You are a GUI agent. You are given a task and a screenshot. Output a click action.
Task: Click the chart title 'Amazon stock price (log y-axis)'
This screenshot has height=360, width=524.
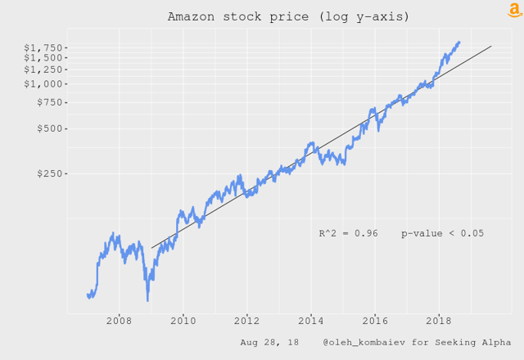pos(288,16)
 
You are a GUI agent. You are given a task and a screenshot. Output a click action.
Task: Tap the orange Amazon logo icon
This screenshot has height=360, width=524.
pos(513,10)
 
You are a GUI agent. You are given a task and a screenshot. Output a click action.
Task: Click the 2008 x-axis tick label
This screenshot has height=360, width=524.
pos(119,321)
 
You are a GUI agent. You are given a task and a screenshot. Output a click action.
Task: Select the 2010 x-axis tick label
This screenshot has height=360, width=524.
pos(183,321)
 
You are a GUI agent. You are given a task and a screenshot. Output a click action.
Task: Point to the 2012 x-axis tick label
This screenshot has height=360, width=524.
pos(246,321)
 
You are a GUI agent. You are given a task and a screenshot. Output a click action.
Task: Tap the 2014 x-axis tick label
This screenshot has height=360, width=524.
pos(310,321)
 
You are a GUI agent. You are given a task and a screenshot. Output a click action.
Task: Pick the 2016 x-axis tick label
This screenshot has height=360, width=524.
pos(375,321)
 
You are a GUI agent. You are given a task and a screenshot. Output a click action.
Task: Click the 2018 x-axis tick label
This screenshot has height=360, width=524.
pos(439,321)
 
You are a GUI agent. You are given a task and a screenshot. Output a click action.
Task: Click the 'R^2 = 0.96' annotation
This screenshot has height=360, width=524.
pos(348,233)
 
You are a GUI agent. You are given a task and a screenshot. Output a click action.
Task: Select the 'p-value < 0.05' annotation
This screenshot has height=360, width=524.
pos(442,233)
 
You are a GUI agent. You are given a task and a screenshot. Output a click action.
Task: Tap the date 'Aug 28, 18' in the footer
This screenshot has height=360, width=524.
pos(269,341)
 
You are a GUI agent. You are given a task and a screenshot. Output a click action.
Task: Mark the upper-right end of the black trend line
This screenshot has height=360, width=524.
pos(490,47)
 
